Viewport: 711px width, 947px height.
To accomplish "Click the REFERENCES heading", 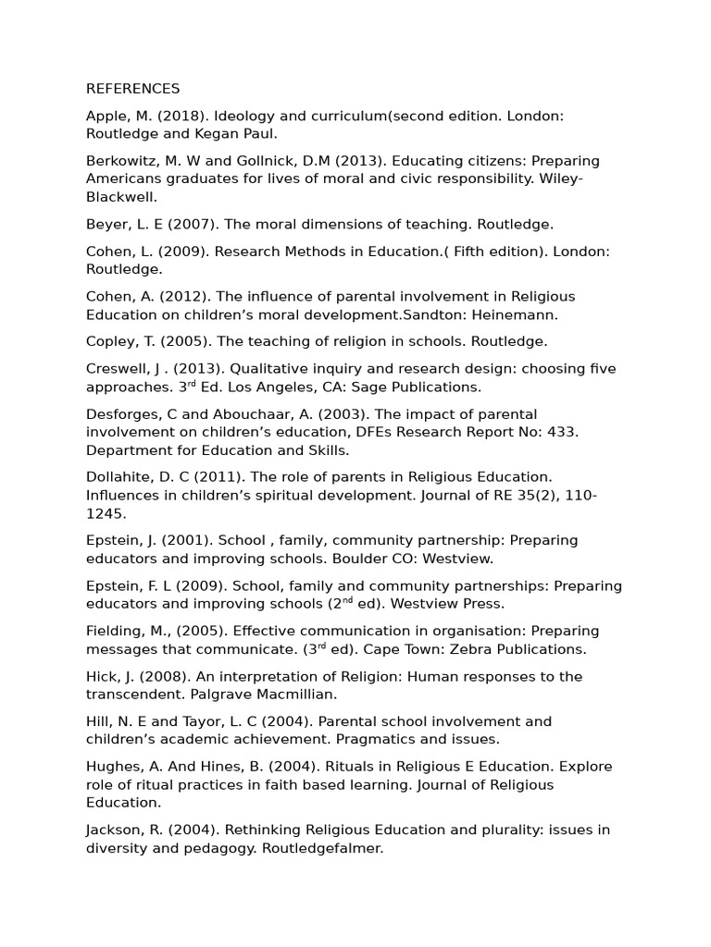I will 132,89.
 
